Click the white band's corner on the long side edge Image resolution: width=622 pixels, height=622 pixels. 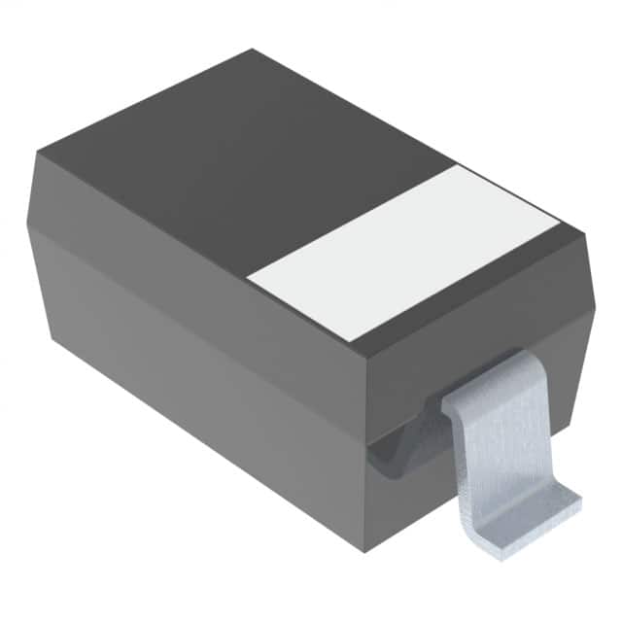click(248, 281)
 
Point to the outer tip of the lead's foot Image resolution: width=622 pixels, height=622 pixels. click(579, 502)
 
